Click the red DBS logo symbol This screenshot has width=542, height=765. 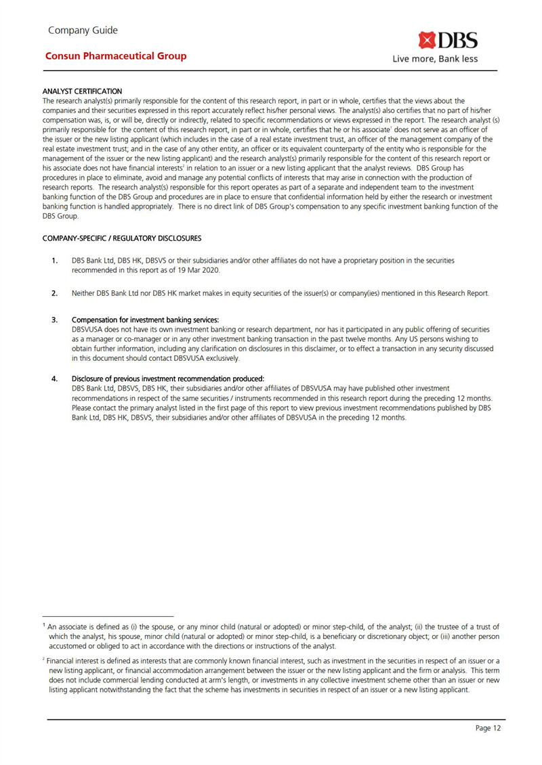pos(428,40)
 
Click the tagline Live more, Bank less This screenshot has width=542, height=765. pos(436,59)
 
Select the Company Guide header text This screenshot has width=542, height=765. pos(83,30)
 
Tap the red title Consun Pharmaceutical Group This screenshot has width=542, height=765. pos(116,56)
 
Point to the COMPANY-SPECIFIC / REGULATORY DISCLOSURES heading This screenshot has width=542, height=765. pos(122,238)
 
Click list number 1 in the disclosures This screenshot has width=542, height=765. pos(54,261)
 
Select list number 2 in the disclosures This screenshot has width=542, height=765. pos(54,294)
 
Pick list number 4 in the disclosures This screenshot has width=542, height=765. pos(54,378)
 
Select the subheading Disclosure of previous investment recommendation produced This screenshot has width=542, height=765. pos(167,378)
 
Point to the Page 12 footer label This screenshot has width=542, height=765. pos(488,728)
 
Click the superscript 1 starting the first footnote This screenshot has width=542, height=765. pos(44,626)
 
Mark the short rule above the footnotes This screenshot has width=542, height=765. pos(108,617)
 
